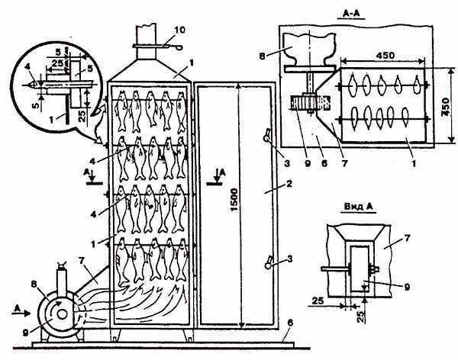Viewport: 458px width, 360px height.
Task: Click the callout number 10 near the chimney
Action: point(180,30)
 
